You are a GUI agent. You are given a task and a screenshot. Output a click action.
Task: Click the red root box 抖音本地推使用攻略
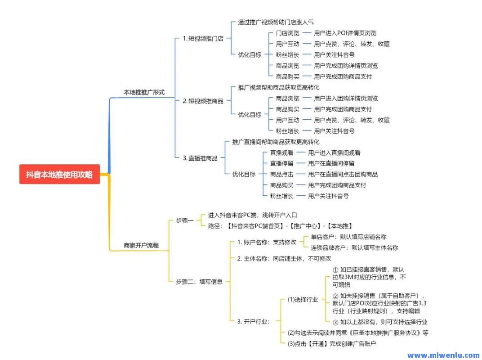pos(59,175)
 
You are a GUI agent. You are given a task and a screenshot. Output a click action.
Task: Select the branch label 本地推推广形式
pos(144,92)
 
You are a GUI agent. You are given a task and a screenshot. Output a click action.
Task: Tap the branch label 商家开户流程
pos(141,246)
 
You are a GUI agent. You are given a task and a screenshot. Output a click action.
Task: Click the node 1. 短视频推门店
pos(203,38)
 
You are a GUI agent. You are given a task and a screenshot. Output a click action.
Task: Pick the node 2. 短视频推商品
pos(203,101)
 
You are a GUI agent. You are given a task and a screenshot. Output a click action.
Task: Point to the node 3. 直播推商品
pos(200,158)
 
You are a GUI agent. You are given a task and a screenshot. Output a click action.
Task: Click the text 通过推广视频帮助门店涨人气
pos(276,22)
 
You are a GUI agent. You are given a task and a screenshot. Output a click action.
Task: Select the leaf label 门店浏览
pos(287,33)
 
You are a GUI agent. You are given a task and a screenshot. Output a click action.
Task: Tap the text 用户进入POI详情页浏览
pos(345,33)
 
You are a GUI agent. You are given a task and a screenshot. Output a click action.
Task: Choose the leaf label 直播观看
pos(281,153)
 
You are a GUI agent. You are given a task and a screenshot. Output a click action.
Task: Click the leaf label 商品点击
pos(281,174)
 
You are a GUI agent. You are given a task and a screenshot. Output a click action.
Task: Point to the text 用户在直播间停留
pos(331,163)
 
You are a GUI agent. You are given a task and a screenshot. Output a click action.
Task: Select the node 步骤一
pos(185,220)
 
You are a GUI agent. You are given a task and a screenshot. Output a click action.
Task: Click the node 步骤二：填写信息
pos(199,282)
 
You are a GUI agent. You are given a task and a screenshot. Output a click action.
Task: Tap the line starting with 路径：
pos(280,226)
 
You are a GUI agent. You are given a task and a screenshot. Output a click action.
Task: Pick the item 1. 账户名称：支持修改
pos(267,242)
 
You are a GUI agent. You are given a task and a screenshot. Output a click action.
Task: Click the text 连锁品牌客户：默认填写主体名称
pos(354,247)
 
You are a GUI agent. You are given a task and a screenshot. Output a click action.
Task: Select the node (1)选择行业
pos(303,300)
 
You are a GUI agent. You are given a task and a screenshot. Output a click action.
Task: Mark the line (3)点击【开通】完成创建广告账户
pos(331,343)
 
